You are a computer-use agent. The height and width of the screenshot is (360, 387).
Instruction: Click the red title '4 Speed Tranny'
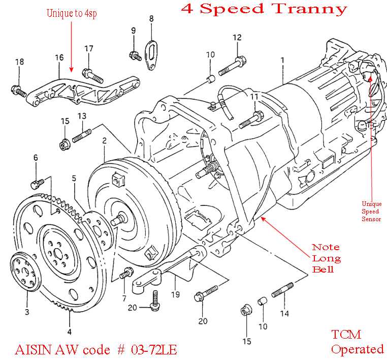point(264,9)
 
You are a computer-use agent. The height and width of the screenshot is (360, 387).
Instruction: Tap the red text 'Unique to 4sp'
point(72,14)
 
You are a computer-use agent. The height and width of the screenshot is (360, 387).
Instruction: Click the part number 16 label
point(59,57)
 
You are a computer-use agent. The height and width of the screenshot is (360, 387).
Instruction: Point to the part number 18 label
point(19,62)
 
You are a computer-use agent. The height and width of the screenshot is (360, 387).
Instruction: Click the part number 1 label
point(282,60)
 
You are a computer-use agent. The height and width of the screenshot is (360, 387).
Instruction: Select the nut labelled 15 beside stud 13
point(64,144)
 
